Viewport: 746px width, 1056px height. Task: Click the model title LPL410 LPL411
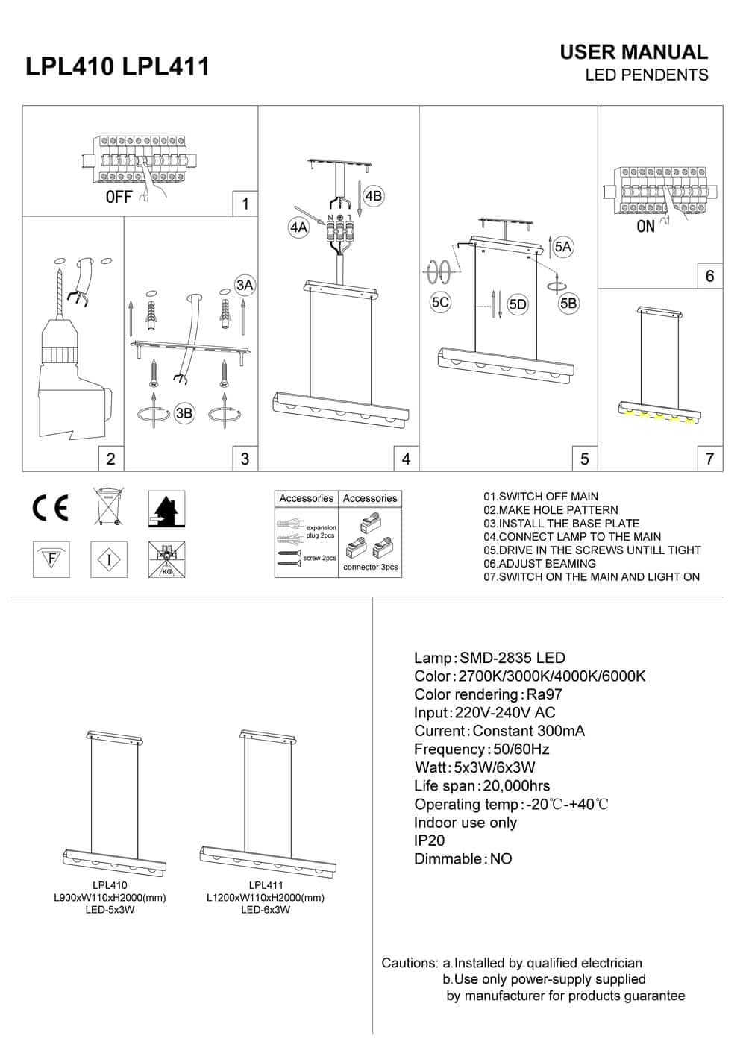[117, 66]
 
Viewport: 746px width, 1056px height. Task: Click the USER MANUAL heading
[633, 52]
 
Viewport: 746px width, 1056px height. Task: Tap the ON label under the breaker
[645, 226]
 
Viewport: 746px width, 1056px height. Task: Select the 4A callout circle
[298, 227]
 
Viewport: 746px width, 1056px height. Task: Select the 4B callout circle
[373, 196]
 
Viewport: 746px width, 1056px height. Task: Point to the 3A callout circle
[245, 285]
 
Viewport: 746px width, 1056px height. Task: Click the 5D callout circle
[518, 304]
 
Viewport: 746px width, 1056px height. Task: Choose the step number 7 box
[709, 459]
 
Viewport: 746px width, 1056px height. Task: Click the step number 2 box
[110, 459]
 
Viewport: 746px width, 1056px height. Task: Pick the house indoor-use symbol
[166, 509]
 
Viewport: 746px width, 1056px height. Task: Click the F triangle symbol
[51, 559]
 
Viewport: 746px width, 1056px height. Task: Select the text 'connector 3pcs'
[370, 568]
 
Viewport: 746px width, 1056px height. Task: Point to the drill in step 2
[71, 373]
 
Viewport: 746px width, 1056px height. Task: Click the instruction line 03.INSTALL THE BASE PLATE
[561, 524]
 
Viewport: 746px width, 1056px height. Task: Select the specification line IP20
[430, 840]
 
